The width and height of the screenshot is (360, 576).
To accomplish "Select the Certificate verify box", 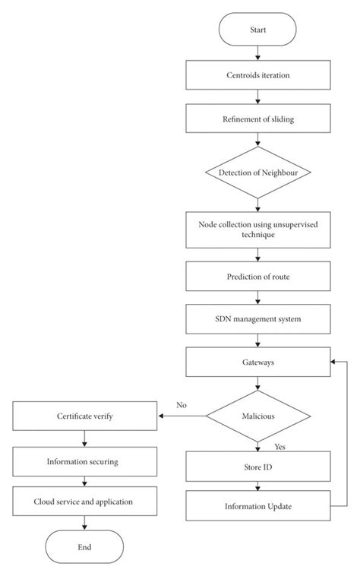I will point(85,416).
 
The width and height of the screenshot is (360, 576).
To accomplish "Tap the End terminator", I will point(85,546).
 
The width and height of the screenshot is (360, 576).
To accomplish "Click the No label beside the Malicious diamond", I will point(181,405).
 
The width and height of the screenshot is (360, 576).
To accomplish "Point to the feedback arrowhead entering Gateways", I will point(332,362).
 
